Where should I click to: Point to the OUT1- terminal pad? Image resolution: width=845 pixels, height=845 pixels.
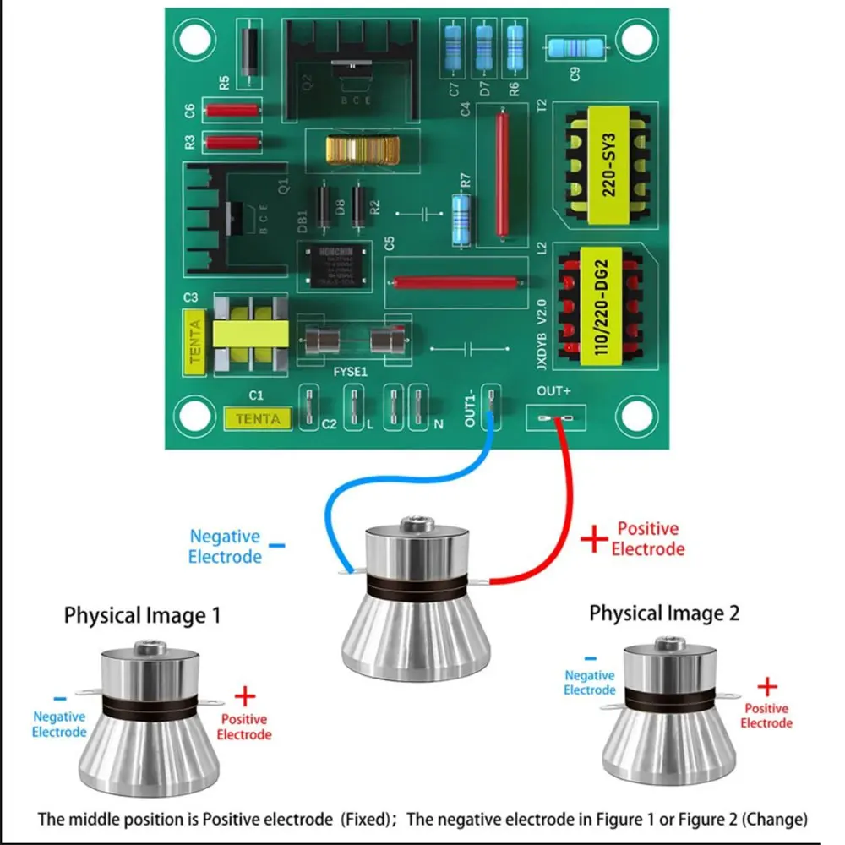[491, 405]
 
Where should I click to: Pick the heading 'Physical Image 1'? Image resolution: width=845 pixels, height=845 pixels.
[142, 615]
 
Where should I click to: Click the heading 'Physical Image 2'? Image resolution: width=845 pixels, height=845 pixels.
[664, 613]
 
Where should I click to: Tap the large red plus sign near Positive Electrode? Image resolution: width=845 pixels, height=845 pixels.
[594, 537]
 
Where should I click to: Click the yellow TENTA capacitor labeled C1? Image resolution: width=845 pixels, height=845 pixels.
[258, 417]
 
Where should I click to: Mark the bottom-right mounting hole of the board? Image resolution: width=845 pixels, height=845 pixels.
[635, 413]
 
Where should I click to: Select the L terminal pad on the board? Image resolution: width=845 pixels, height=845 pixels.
[354, 405]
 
